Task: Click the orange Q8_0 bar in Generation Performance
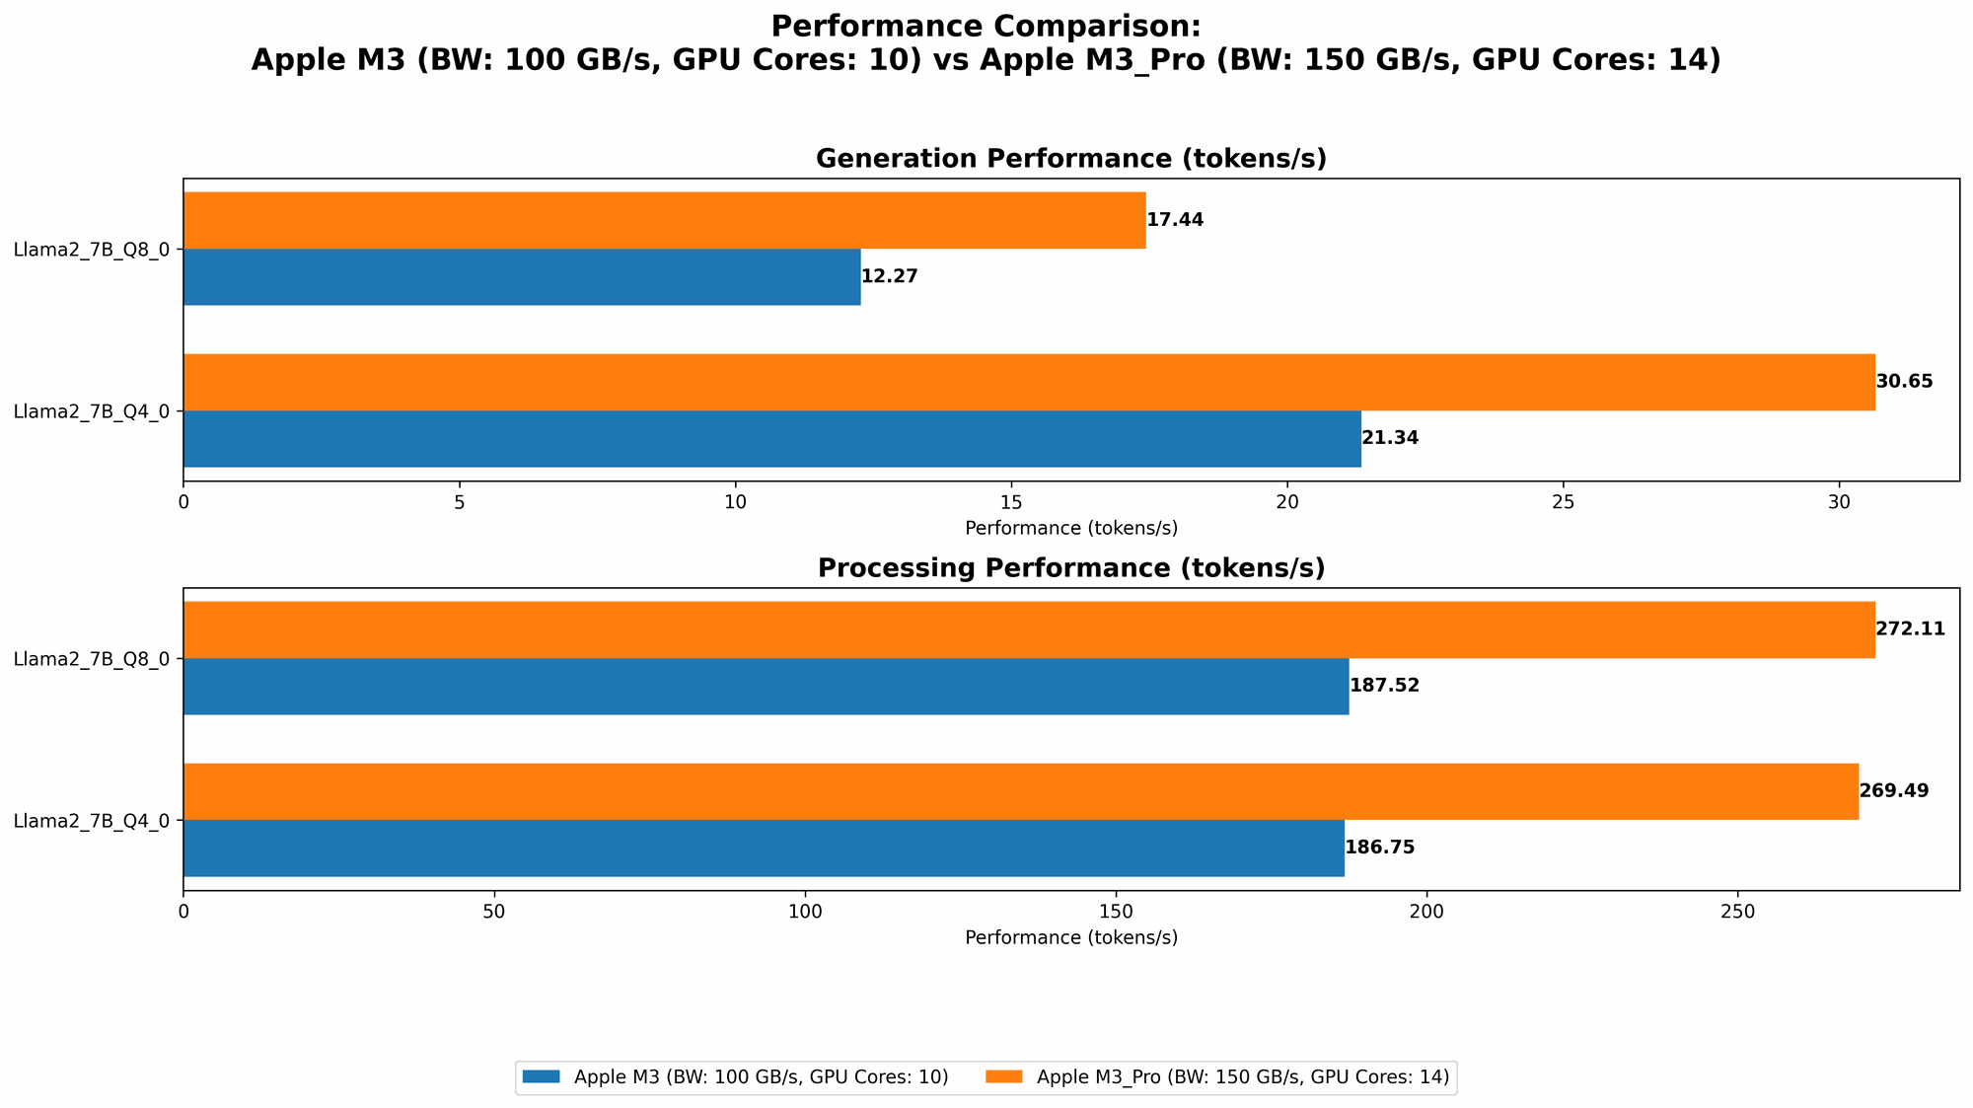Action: tap(664, 220)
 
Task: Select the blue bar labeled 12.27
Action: tap(522, 276)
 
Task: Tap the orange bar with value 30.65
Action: tap(1029, 382)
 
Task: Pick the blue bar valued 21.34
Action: tap(771, 438)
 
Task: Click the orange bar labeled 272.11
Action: tap(1029, 629)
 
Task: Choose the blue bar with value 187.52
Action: tap(766, 686)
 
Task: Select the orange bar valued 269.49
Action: tap(1021, 791)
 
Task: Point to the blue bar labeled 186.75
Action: tap(764, 848)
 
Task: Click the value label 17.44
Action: tap(1175, 220)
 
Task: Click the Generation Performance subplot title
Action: tap(1070, 159)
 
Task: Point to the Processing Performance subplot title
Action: tap(1070, 568)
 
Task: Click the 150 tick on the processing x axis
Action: tap(1116, 912)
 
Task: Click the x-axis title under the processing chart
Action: tap(1070, 937)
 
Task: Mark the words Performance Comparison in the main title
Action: tap(986, 26)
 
